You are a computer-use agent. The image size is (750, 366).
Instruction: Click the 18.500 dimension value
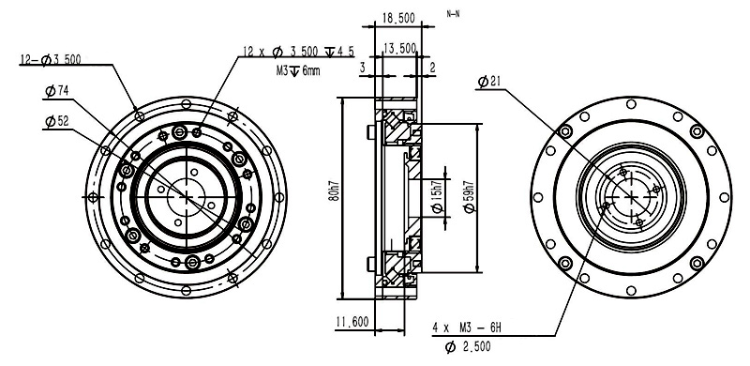397,18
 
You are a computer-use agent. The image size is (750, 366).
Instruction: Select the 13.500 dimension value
400,48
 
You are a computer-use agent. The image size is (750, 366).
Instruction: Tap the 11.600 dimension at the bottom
352,322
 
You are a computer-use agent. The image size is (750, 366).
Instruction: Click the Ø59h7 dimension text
470,196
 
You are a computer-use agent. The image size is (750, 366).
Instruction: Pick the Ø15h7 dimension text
438,197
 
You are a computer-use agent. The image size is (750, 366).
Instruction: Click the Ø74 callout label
57,91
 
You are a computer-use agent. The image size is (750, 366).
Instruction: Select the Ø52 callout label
57,121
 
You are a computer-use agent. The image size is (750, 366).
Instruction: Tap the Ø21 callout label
488,82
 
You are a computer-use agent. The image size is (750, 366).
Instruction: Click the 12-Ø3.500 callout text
51,59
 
